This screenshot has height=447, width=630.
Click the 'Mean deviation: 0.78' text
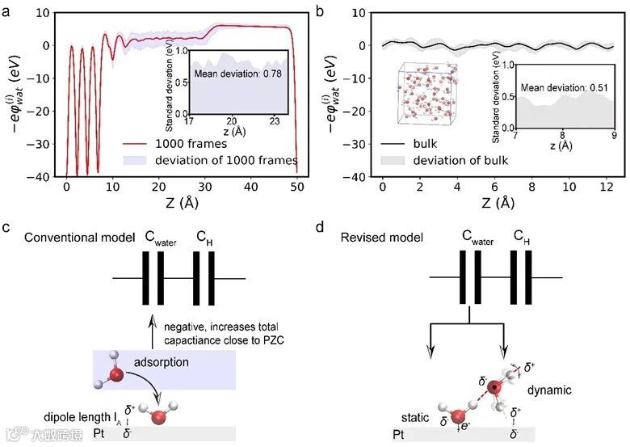click(x=234, y=74)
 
